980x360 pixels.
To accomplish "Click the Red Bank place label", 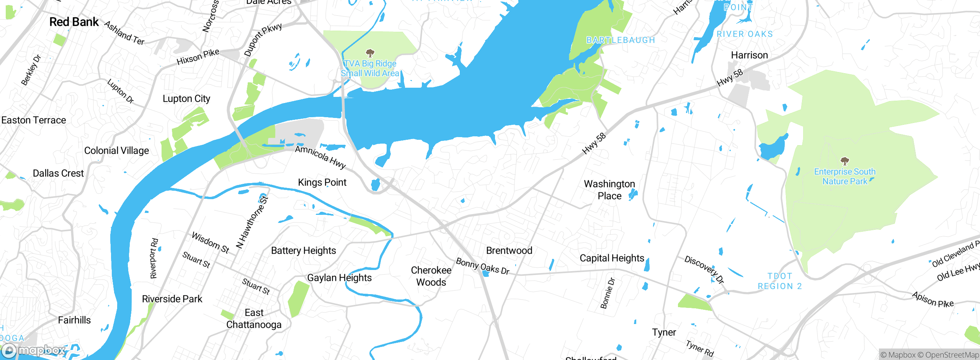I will pos(74,22).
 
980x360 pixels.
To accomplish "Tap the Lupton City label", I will pos(186,99).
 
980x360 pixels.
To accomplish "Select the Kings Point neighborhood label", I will pos(322,182).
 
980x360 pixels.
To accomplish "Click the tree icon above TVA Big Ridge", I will pos(370,53).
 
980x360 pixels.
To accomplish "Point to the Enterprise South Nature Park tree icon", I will pos(844,161).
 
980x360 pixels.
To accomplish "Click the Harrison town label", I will pos(749,55).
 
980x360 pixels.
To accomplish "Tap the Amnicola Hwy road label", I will pos(320,157).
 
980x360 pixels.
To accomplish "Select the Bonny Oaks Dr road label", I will pos(482,266).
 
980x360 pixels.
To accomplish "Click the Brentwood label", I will pos(509,250).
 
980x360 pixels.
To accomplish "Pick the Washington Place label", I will pos(609,190).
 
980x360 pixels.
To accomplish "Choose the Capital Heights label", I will pos(612,258).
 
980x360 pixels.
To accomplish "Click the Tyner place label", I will pos(664,332).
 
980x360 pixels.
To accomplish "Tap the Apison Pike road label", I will pos(933,299).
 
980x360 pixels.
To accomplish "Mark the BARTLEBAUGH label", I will pos(621,40).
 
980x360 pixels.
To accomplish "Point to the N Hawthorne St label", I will pos(252,222).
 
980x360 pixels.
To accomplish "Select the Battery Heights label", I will pos(303,250).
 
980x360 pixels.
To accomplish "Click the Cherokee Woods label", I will pos(431,276).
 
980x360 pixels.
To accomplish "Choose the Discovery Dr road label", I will pos(704,270).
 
